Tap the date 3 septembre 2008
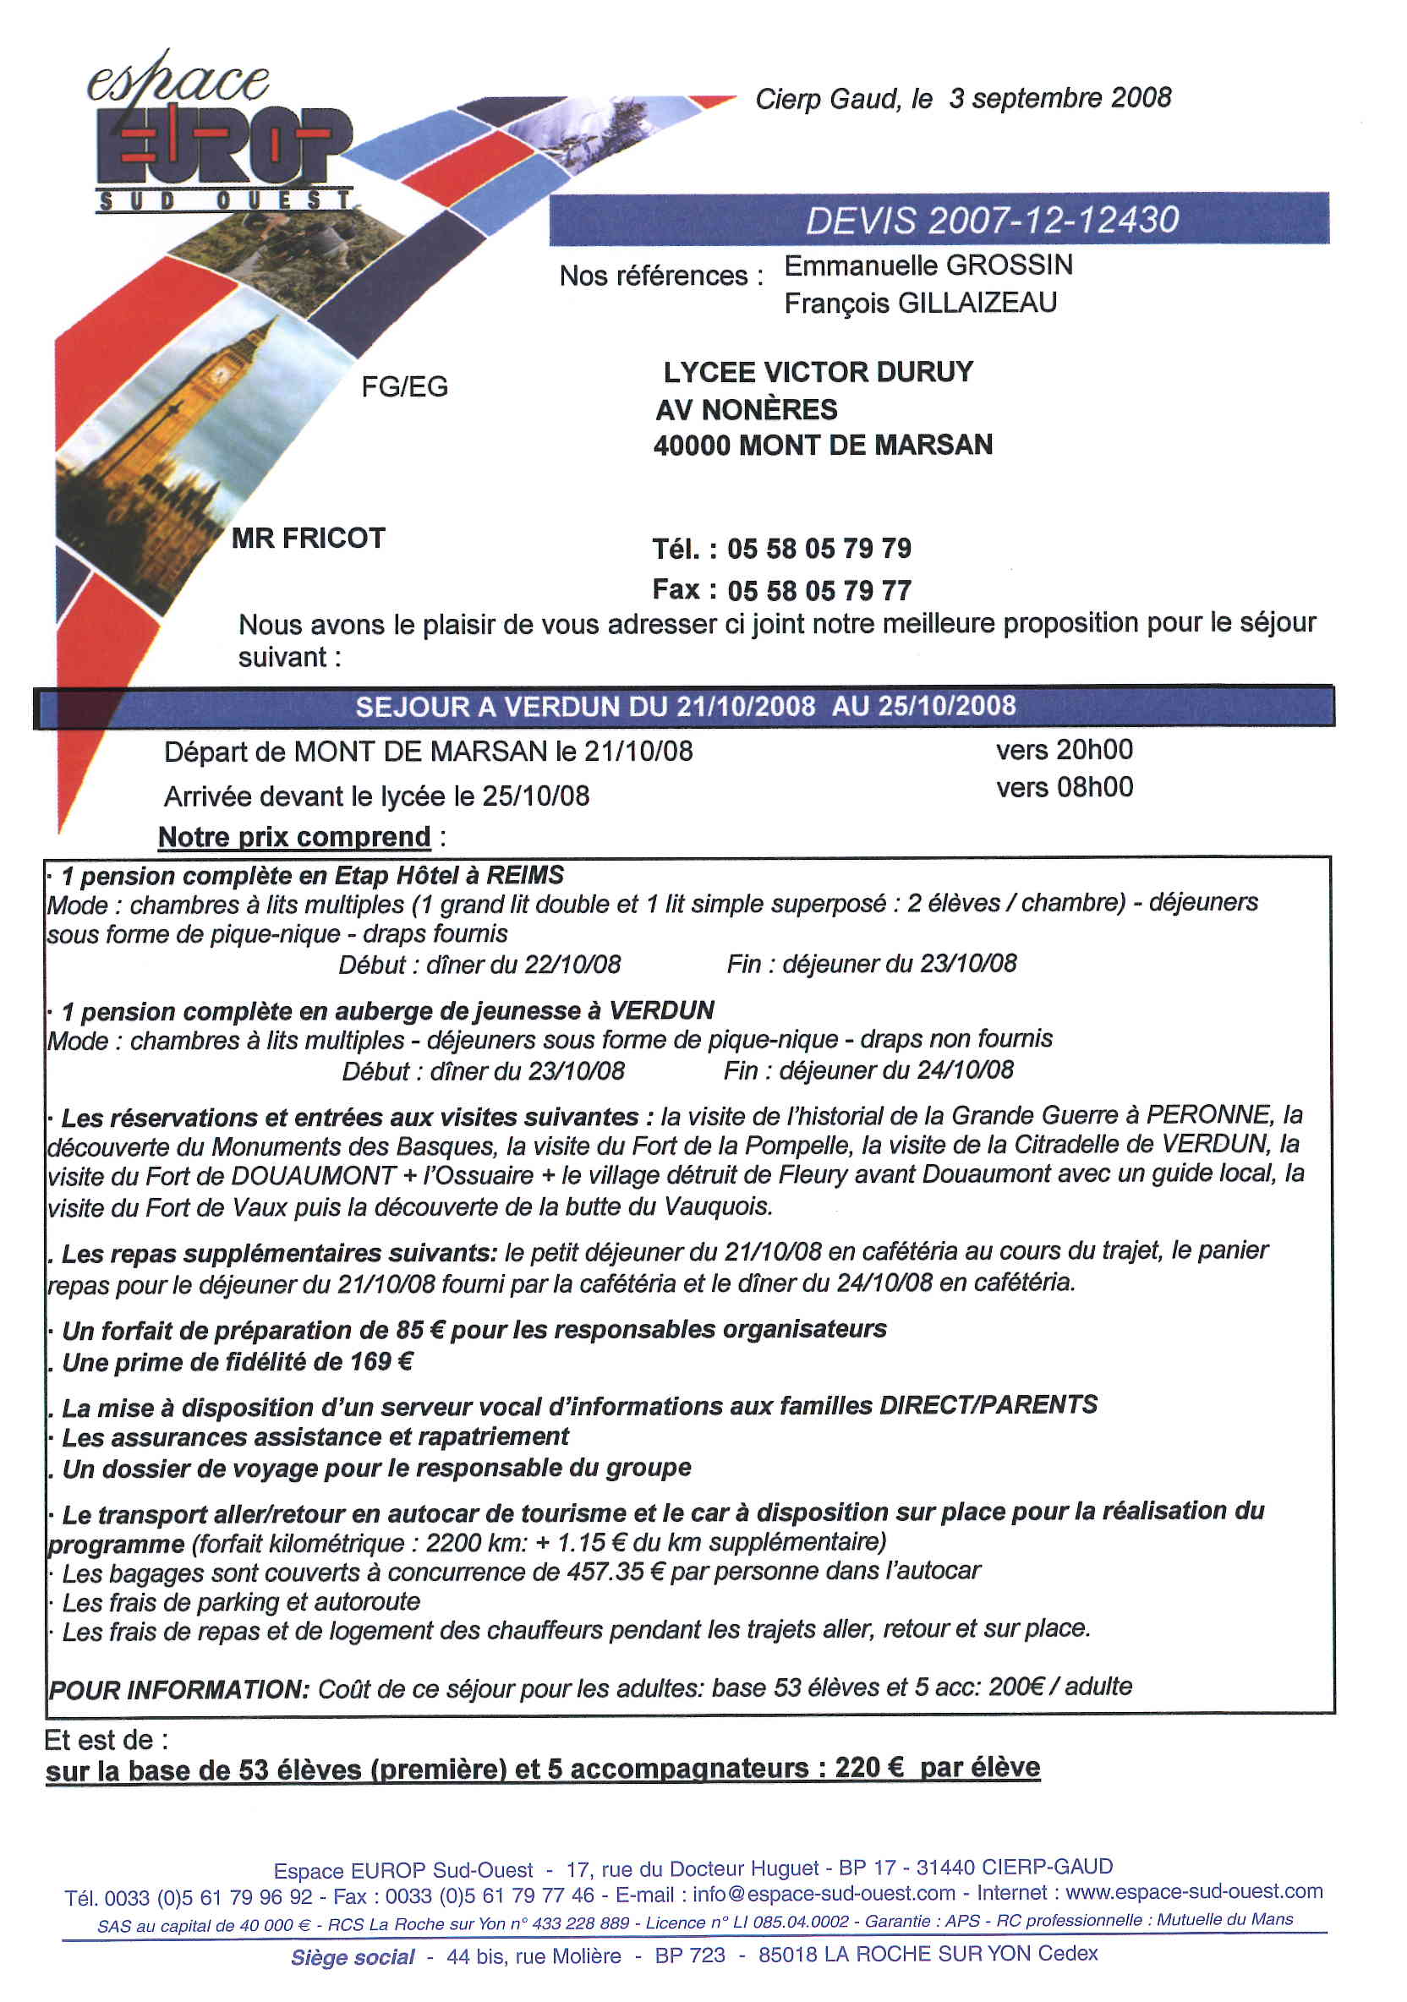(1059, 98)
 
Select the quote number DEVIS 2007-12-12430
(991, 220)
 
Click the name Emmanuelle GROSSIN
(928, 265)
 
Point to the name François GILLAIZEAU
(920, 304)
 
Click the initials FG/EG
(405, 386)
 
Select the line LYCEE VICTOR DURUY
(818, 372)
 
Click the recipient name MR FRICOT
(308, 538)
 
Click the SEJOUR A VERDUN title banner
(685, 706)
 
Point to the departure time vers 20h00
(1065, 750)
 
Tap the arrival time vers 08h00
(1065, 787)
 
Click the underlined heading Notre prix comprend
(294, 837)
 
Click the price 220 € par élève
(937, 1768)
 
